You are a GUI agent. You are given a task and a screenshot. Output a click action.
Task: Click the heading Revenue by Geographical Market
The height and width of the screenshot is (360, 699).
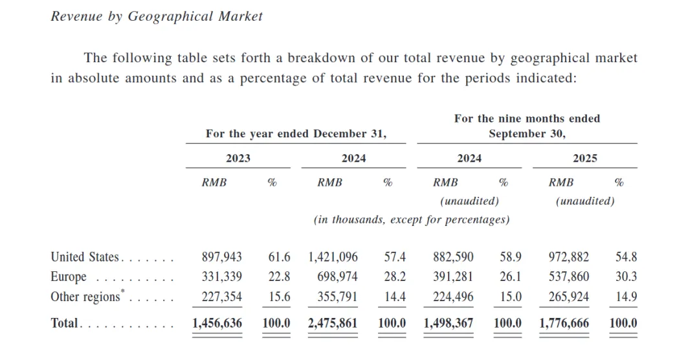click(x=157, y=17)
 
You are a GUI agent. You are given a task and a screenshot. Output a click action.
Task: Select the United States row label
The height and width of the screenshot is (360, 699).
click(x=85, y=257)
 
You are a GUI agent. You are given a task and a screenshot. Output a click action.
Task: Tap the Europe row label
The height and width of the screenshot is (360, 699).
click(x=69, y=277)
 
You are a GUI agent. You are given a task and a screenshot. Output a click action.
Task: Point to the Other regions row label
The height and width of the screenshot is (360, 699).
click(x=85, y=297)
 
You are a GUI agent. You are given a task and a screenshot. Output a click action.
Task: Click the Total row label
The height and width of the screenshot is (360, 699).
click(x=65, y=322)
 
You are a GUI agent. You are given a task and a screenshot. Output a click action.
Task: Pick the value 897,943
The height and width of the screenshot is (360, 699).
click(x=222, y=257)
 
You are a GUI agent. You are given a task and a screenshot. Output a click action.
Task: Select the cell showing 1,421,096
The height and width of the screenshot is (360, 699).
click(x=333, y=257)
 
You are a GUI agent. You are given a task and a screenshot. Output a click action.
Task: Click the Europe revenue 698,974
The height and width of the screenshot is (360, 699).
click(x=337, y=277)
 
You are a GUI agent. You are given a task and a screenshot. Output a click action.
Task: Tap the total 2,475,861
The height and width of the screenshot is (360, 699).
click(x=333, y=322)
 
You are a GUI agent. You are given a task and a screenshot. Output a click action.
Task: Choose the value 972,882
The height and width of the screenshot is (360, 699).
click(x=569, y=257)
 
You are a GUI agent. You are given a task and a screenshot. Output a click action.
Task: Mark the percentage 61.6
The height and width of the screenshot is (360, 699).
click(x=279, y=257)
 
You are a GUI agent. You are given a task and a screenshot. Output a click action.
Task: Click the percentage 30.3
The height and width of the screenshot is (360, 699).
click(x=626, y=277)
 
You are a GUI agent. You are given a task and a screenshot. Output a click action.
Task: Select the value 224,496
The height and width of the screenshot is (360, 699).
click(x=453, y=297)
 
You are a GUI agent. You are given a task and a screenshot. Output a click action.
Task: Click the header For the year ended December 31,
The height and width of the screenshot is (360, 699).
click(x=296, y=134)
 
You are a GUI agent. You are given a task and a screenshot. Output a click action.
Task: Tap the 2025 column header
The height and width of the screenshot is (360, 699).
click(x=585, y=158)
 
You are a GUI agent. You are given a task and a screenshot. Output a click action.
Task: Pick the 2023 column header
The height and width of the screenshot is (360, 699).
click(x=238, y=158)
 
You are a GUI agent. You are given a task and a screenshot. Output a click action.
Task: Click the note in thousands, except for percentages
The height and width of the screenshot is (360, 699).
click(x=412, y=219)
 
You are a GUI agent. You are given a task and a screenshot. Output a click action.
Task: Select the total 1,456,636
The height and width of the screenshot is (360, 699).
click(x=217, y=322)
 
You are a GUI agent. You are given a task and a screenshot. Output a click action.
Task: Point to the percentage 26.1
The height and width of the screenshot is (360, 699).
click(x=511, y=277)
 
